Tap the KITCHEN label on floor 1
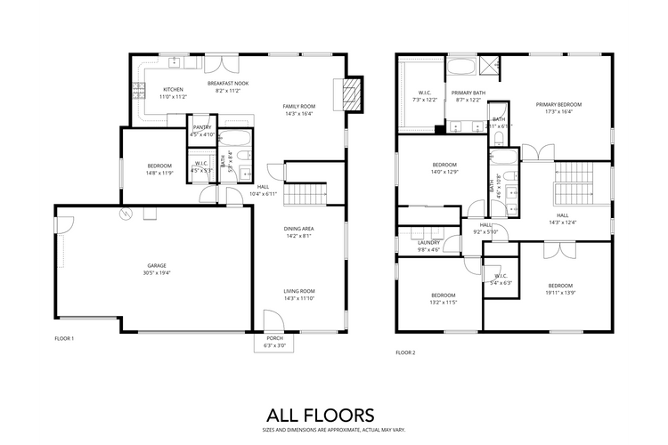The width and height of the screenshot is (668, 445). (x=173, y=89)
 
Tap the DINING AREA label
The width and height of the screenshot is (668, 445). (x=298, y=229)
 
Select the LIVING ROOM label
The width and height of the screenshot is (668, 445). (x=298, y=291)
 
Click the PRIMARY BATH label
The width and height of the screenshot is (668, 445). (x=467, y=93)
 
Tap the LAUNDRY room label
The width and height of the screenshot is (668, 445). (x=429, y=243)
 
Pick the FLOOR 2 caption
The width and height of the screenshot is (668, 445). (x=405, y=352)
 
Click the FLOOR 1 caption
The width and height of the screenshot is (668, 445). (x=64, y=339)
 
